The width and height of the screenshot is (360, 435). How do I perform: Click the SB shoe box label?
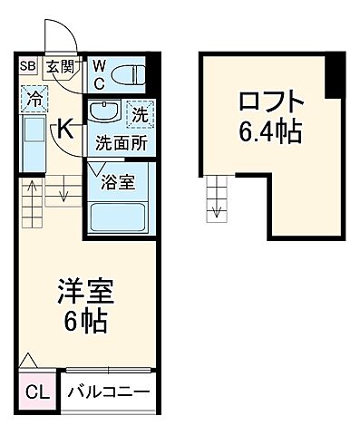26,65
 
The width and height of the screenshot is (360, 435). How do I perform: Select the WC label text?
100,72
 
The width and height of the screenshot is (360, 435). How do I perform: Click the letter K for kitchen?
66,129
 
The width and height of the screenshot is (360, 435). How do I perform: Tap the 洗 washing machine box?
139,115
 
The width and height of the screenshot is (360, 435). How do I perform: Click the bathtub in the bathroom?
120,218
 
